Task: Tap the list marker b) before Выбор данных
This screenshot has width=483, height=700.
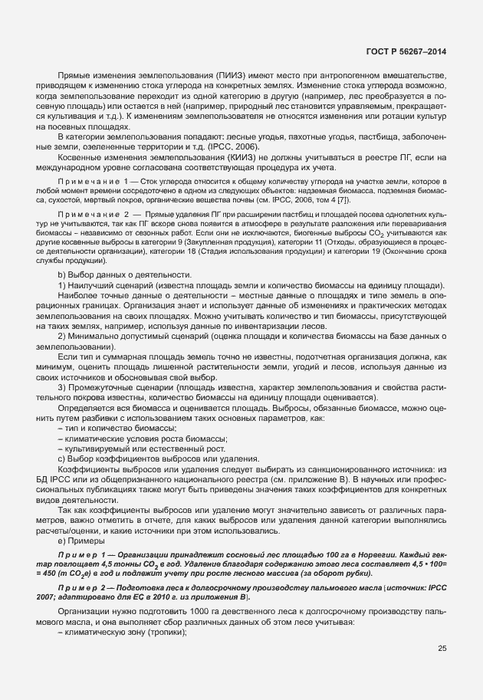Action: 61,275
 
